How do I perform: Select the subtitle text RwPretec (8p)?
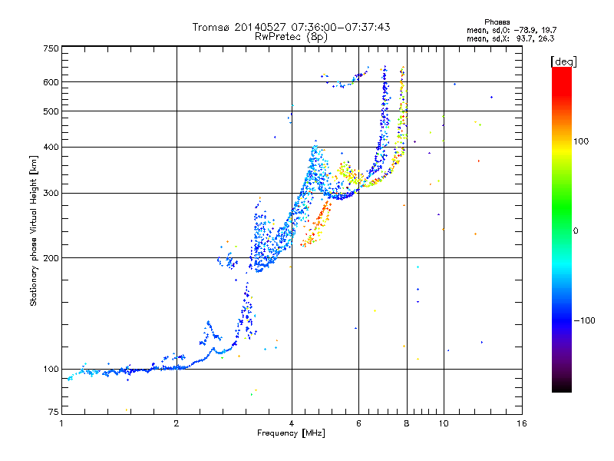tap(291, 37)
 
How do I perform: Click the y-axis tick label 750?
tap(51, 48)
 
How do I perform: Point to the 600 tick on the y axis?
tap(51, 82)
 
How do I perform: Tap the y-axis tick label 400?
tap(51, 147)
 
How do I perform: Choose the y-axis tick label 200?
tap(51, 257)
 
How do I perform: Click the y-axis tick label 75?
tap(53, 412)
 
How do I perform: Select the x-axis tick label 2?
tap(177, 423)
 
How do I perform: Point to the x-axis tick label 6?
tap(358, 423)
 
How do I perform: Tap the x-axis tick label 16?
tap(522, 423)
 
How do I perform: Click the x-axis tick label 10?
tap(444, 423)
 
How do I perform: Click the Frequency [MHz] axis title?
tap(291, 433)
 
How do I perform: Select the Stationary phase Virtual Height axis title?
tap(33, 231)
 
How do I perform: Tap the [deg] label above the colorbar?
tap(563, 62)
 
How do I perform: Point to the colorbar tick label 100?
tap(581, 141)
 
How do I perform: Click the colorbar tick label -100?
tap(584, 320)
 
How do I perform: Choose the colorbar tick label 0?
tap(576, 231)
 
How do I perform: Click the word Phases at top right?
tap(497, 22)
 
